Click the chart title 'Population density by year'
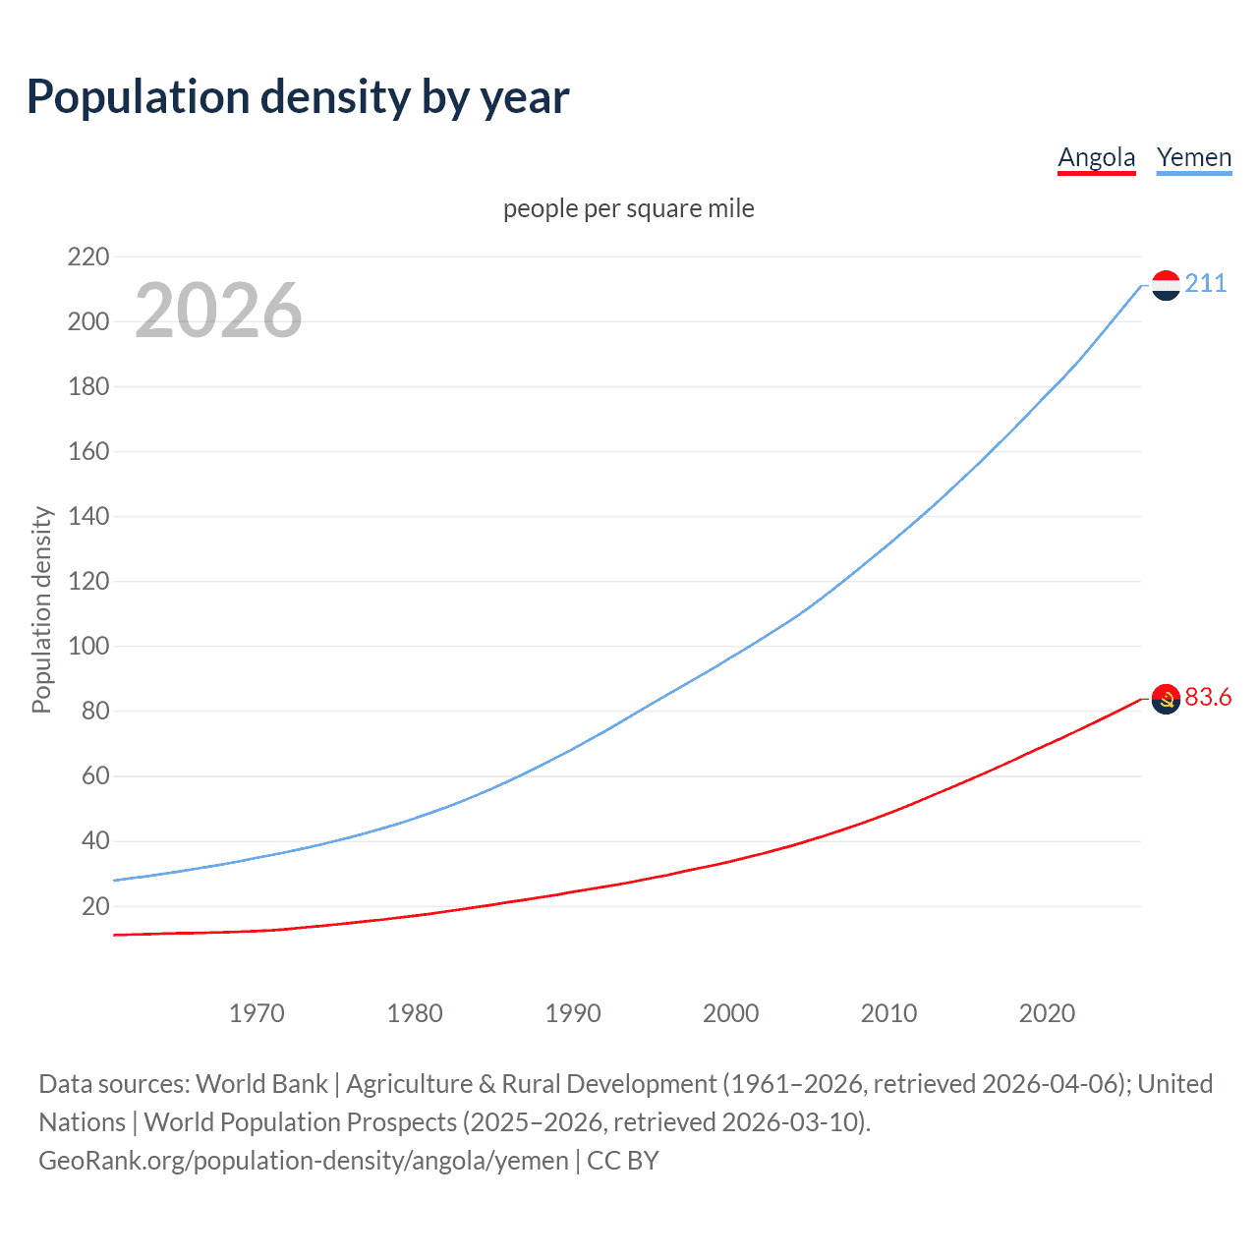[298, 97]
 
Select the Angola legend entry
[1096, 157]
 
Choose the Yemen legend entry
[1193, 157]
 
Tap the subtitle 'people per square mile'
[628, 208]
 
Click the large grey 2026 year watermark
[218, 311]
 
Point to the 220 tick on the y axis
[88, 257]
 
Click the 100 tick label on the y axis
[88, 647]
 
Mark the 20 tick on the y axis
[95, 906]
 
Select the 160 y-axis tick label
[88, 452]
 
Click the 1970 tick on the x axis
[257, 1013]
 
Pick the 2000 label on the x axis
[730, 1013]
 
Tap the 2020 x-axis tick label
[1047, 1013]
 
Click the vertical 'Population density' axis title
[41, 609]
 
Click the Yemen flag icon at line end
[1166, 285]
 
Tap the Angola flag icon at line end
[1166, 699]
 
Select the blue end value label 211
[1205, 284]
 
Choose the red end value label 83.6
[1208, 697]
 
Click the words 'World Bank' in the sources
[261, 1084]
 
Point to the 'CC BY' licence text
[623, 1161]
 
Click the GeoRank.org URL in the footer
[303, 1161]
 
